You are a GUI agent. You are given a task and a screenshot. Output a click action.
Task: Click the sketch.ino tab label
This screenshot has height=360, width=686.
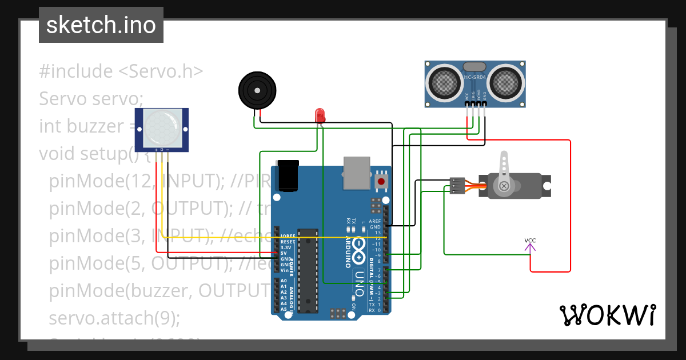101,25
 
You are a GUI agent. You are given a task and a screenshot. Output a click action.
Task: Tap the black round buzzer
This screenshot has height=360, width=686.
256,90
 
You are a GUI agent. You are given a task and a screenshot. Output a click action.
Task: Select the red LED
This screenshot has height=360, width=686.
321,114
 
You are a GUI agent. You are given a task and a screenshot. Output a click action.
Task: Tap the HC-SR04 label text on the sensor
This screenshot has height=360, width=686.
476,77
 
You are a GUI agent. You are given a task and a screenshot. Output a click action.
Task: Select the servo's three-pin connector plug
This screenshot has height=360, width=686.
456,186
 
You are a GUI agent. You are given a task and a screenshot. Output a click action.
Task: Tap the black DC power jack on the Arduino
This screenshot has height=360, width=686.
288,176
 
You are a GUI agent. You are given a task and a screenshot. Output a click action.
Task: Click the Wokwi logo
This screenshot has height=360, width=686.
607,315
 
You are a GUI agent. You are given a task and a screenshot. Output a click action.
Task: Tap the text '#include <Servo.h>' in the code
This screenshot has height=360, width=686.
121,71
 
